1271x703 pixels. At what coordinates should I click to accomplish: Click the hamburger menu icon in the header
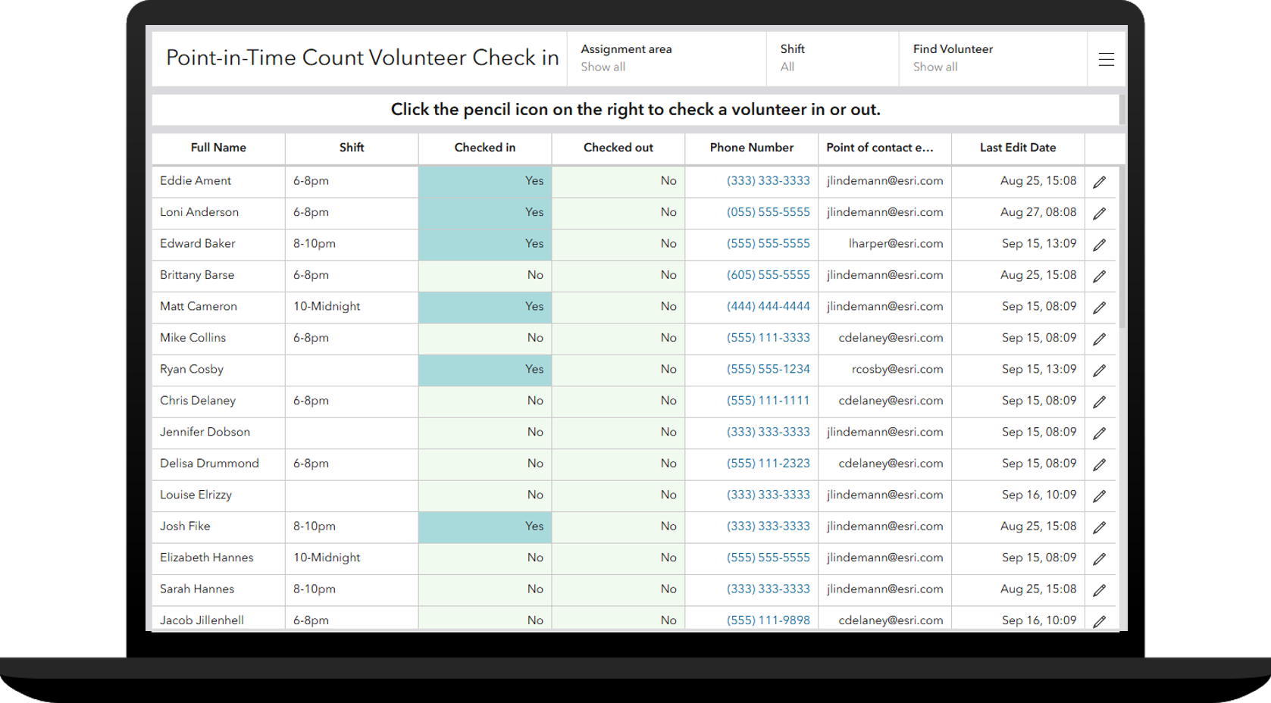pos(1106,59)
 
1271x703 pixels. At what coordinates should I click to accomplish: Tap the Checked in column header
pos(484,148)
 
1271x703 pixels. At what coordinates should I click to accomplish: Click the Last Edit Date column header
pos(1017,148)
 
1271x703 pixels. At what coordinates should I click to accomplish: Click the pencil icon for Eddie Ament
pos(1099,182)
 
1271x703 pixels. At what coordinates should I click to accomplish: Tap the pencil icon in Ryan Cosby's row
pos(1099,370)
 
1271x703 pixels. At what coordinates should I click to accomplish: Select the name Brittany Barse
pos(197,275)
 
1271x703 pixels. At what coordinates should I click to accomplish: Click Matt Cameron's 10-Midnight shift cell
pos(327,306)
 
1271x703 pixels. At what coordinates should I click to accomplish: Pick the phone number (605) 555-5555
pos(768,275)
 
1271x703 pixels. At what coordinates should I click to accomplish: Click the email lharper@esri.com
pos(895,243)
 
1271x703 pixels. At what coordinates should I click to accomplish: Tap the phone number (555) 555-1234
pos(768,369)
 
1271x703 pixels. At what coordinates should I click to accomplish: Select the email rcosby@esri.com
pos(897,369)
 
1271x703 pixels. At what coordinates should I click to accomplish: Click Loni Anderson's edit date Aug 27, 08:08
pos(1038,212)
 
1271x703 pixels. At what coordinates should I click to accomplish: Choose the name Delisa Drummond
pos(209,463)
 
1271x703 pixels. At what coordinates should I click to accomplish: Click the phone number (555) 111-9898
pos(768,620)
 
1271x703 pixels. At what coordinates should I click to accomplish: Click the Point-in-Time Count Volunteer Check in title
pos(362,58)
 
